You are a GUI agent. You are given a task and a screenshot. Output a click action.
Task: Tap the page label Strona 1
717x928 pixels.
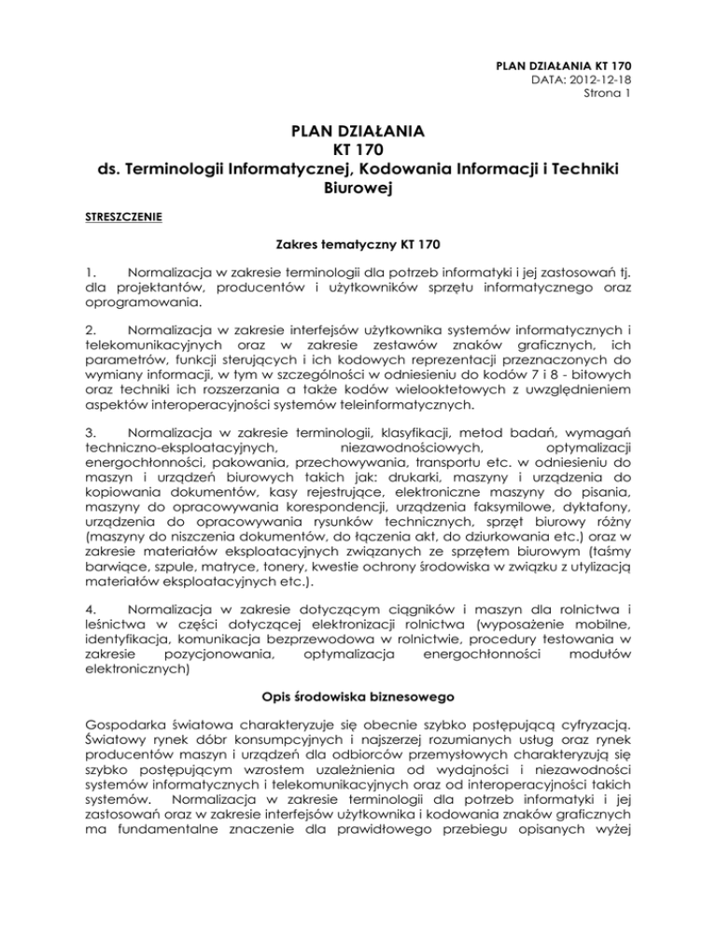click(608, 93)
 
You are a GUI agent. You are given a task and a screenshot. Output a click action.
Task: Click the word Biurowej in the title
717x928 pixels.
click(358, 190)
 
